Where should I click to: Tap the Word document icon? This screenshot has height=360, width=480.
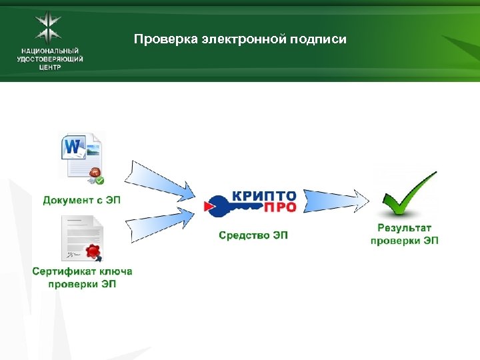pos(79,152)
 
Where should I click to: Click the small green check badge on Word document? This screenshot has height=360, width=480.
pos(99,179)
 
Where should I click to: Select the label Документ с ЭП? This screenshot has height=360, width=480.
pos(82,199)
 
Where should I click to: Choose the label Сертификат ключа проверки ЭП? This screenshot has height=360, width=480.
pos(82,277)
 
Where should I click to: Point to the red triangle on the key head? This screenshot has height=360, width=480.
pos(209,208)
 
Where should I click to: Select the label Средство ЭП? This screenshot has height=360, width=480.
pos(253,235)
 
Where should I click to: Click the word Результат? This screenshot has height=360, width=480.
pos(405,228)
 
